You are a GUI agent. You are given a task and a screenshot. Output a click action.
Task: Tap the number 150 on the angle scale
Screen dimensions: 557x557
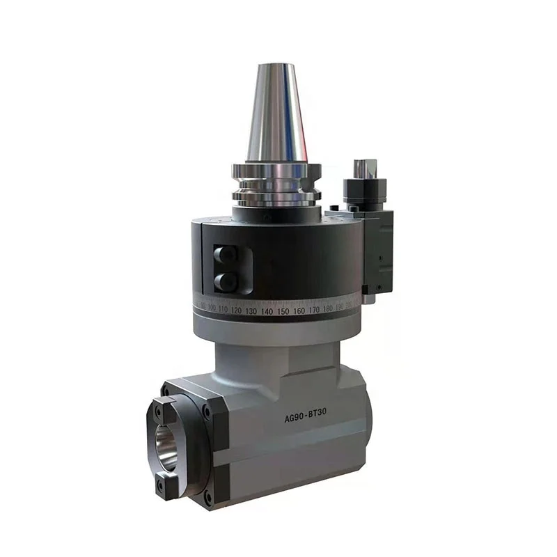pyautogui.click(x=283, y=311)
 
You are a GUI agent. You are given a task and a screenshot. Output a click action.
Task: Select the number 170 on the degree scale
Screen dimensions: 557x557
pyautogui.click(x=314, y=310)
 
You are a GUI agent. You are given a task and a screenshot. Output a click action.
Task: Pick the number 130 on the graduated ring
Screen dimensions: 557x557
pyautogui.click(x=251, y=310)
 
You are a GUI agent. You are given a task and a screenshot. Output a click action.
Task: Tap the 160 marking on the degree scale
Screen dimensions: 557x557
pyautogui.click(x=299, y=311)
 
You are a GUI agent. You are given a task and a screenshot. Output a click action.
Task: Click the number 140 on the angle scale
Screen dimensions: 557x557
pyautogui.click(x=267, y=311)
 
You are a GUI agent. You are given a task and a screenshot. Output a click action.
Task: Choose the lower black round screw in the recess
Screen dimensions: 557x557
pyautogui.click(x=225, y=281)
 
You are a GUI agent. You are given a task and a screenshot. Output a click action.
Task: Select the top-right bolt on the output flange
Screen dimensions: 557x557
pyautogui.click(x=206, y=412)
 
